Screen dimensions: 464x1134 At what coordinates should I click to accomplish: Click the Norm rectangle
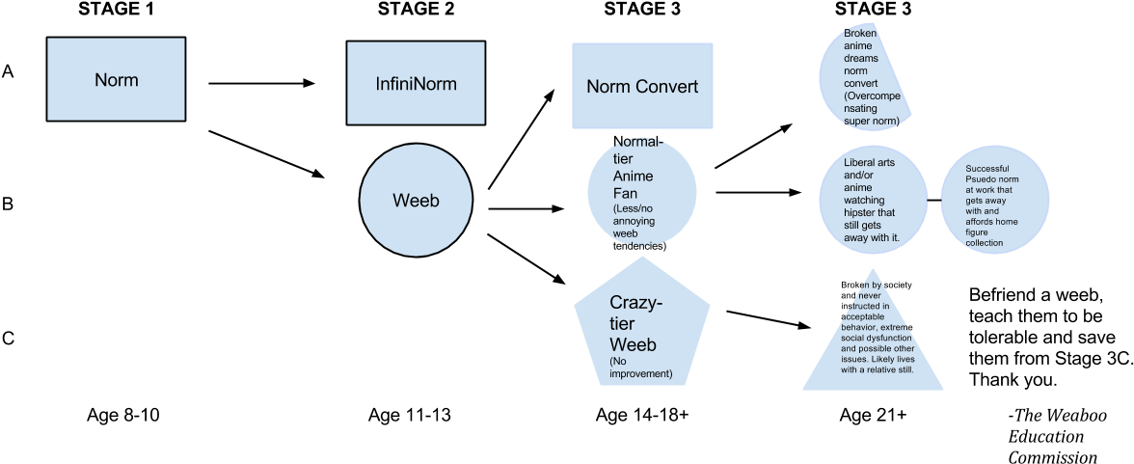[x=116, y=79]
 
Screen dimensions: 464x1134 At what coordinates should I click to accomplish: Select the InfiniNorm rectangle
[x=416, y=84]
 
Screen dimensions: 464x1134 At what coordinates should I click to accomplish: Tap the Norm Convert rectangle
[x=642, y=87]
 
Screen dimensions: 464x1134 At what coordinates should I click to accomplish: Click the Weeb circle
[x=416, y=200]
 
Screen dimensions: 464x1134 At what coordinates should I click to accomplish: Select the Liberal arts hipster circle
[x=873, y=200]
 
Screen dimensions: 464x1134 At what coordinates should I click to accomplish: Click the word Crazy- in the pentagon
[x=635, y=303]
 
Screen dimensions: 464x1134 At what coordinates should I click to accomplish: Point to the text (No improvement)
[x=640, y=368]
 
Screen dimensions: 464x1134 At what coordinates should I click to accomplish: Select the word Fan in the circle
[x=626, y=193]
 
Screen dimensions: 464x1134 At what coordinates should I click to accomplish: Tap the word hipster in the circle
[x=860, y=212]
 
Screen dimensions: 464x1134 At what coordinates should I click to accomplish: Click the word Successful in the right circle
[x=987, y=169]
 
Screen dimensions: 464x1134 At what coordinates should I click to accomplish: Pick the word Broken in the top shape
[x=860, y=33]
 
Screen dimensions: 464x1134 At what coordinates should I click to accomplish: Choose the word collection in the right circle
[x=985, y=243]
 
